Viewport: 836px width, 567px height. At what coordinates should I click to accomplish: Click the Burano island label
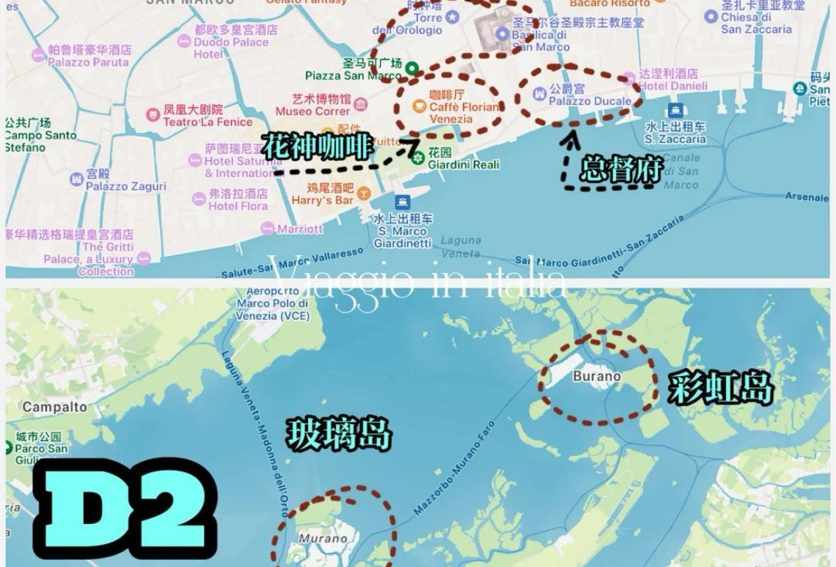tap(597, 376)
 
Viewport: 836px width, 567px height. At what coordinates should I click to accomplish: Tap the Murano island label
tap(323, 538)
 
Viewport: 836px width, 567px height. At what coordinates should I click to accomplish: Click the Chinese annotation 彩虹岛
tap(721, 389)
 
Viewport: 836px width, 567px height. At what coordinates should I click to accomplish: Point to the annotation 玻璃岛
tap(339, 434)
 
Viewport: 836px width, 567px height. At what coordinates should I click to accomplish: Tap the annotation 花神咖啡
tap(317, 147)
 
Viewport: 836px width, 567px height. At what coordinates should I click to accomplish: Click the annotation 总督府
tap(621, 169)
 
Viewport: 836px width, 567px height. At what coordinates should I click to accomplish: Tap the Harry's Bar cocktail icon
tap(364, 193)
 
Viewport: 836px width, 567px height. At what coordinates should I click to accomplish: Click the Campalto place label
tap(54, 407)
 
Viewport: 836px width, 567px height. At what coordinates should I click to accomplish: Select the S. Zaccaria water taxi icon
tap(675, 110)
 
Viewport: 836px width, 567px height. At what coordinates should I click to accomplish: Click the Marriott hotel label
tap(299, 229)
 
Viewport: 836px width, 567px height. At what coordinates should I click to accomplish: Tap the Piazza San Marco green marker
tap(412, 69)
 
